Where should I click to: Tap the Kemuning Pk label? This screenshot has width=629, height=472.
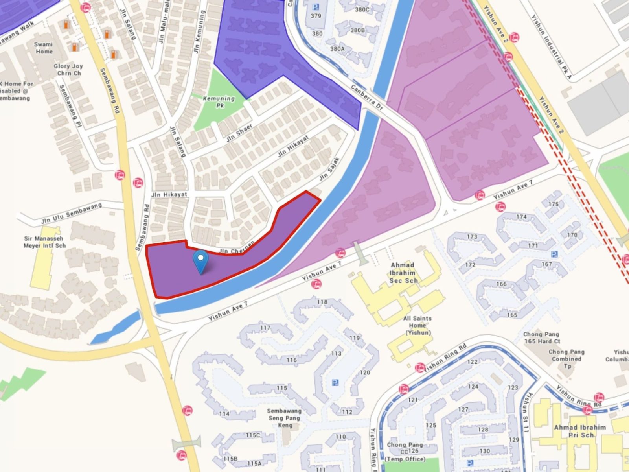[x=219, y=101]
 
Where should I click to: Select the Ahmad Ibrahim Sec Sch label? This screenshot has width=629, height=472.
[x=403, y=273]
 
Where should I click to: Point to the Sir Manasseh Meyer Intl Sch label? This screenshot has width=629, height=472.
[x=44, y=242]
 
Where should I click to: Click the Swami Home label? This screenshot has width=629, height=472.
[x=43, y=48]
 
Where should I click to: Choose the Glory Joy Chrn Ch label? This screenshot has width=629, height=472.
[x=68, y=70]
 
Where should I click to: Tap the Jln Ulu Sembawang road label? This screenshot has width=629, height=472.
[x=72, y=214]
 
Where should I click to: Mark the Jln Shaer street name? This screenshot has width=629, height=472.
[x=239, y=133]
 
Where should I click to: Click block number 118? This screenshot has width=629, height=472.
[x=322, y=302]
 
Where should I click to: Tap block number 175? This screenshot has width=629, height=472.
[x=553, y=204]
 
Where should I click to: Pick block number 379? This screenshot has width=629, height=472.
[x=316, y=16]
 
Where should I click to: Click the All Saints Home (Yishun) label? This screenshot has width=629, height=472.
[x=417, y=325]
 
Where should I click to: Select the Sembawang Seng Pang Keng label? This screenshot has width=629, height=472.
[x=284, y=418]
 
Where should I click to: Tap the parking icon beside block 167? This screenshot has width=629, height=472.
[x=554, y=254]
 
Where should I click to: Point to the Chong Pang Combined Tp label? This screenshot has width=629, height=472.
[x=566, y=359]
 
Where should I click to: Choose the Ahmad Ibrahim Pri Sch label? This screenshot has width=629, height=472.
[x=580, y=431]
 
